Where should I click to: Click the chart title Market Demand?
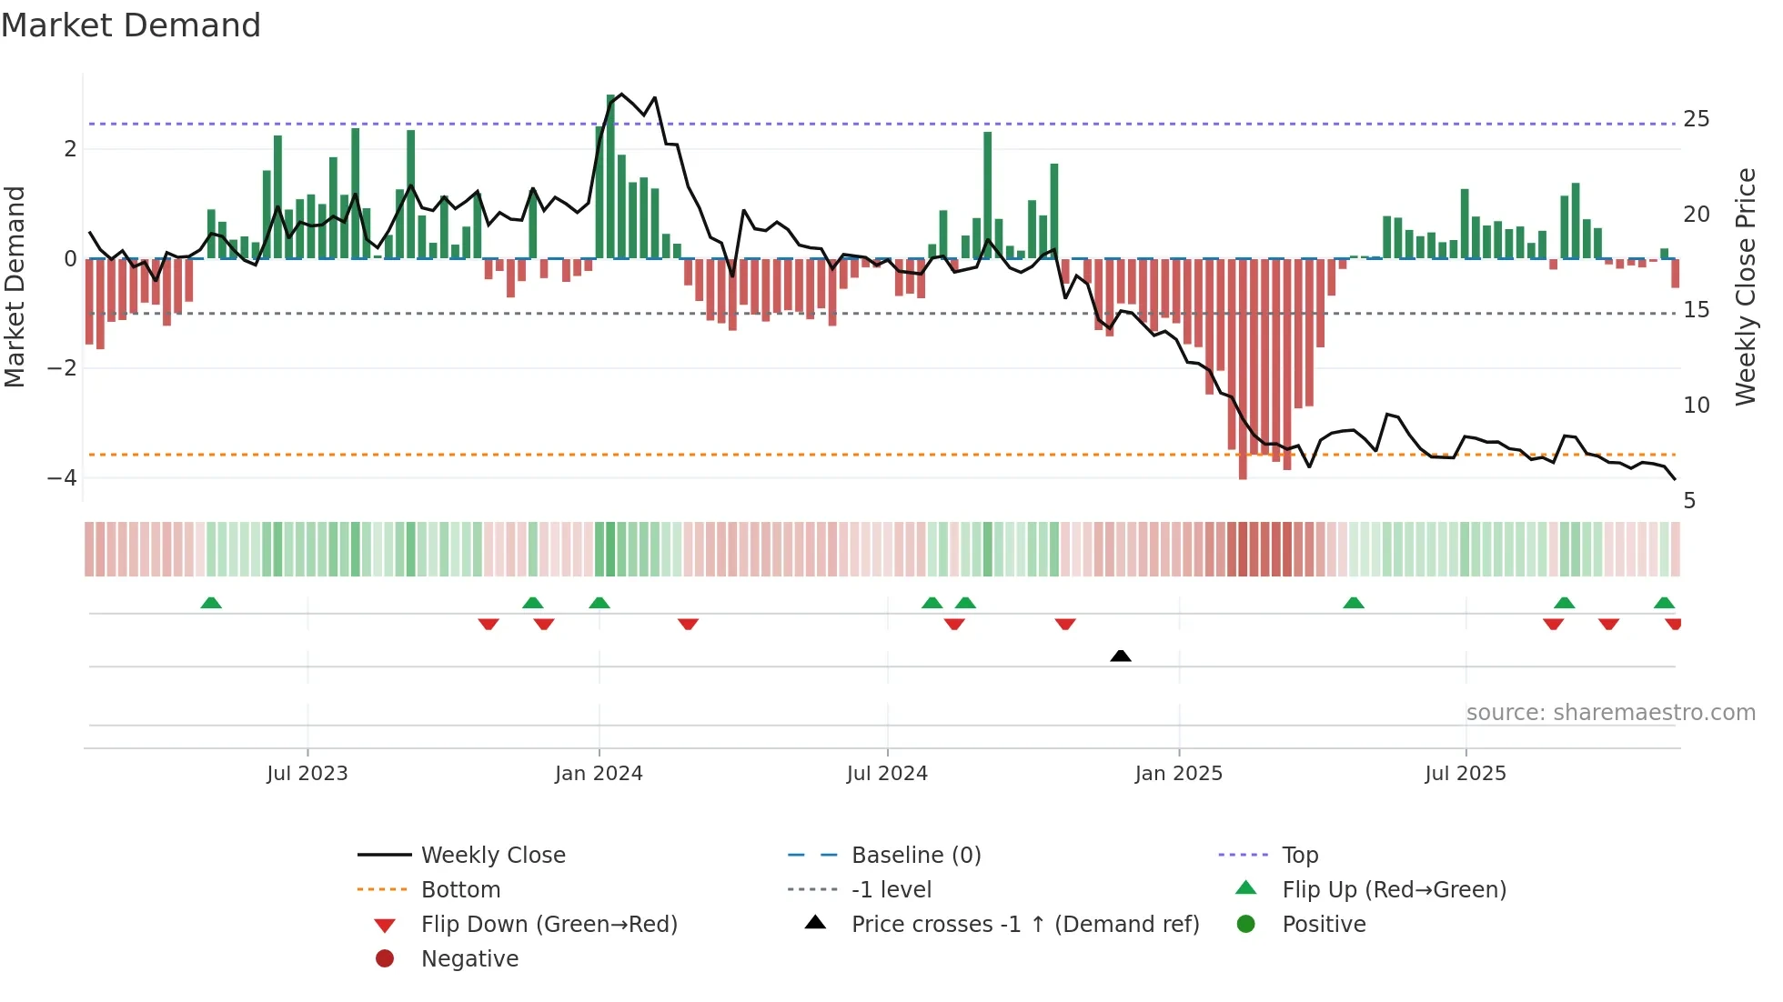[131, 25]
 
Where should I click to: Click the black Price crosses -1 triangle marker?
[1121, 656]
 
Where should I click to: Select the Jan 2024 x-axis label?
[599, 774]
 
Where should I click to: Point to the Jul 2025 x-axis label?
[1466, 774]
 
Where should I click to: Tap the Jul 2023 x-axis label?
[307, 774]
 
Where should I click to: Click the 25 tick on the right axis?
[1697, 119]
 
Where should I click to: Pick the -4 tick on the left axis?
[62, 477]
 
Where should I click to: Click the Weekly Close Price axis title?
[1745, 286]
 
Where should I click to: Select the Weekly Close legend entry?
[493, 856]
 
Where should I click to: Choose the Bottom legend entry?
[460, 890]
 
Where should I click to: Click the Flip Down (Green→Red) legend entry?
[549, 925]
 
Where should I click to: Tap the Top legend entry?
[1300, 856]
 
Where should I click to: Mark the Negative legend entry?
[469, 959]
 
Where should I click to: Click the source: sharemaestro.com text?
[1610, 713]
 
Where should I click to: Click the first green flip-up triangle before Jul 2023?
[211, 603]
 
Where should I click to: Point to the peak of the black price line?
[621, 94]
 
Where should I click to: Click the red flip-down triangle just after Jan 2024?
[688, 624]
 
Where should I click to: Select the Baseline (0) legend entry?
[916, 856]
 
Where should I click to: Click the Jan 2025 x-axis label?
[1179, 774]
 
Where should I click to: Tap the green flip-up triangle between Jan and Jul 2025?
[1354, 603]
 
